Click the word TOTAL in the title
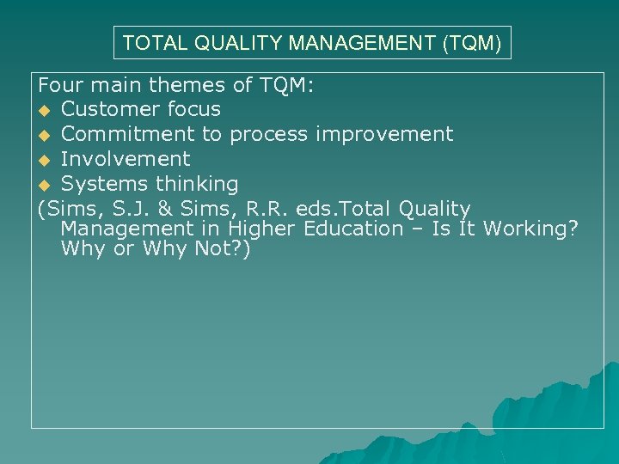[x=149, y=42]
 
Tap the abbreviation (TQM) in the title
[x=472, y=42]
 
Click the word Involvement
[x=126, y=159]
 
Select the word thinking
[x=199, y=184]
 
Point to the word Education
[x=355, y=229]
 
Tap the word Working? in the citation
[x=530, y=229]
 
